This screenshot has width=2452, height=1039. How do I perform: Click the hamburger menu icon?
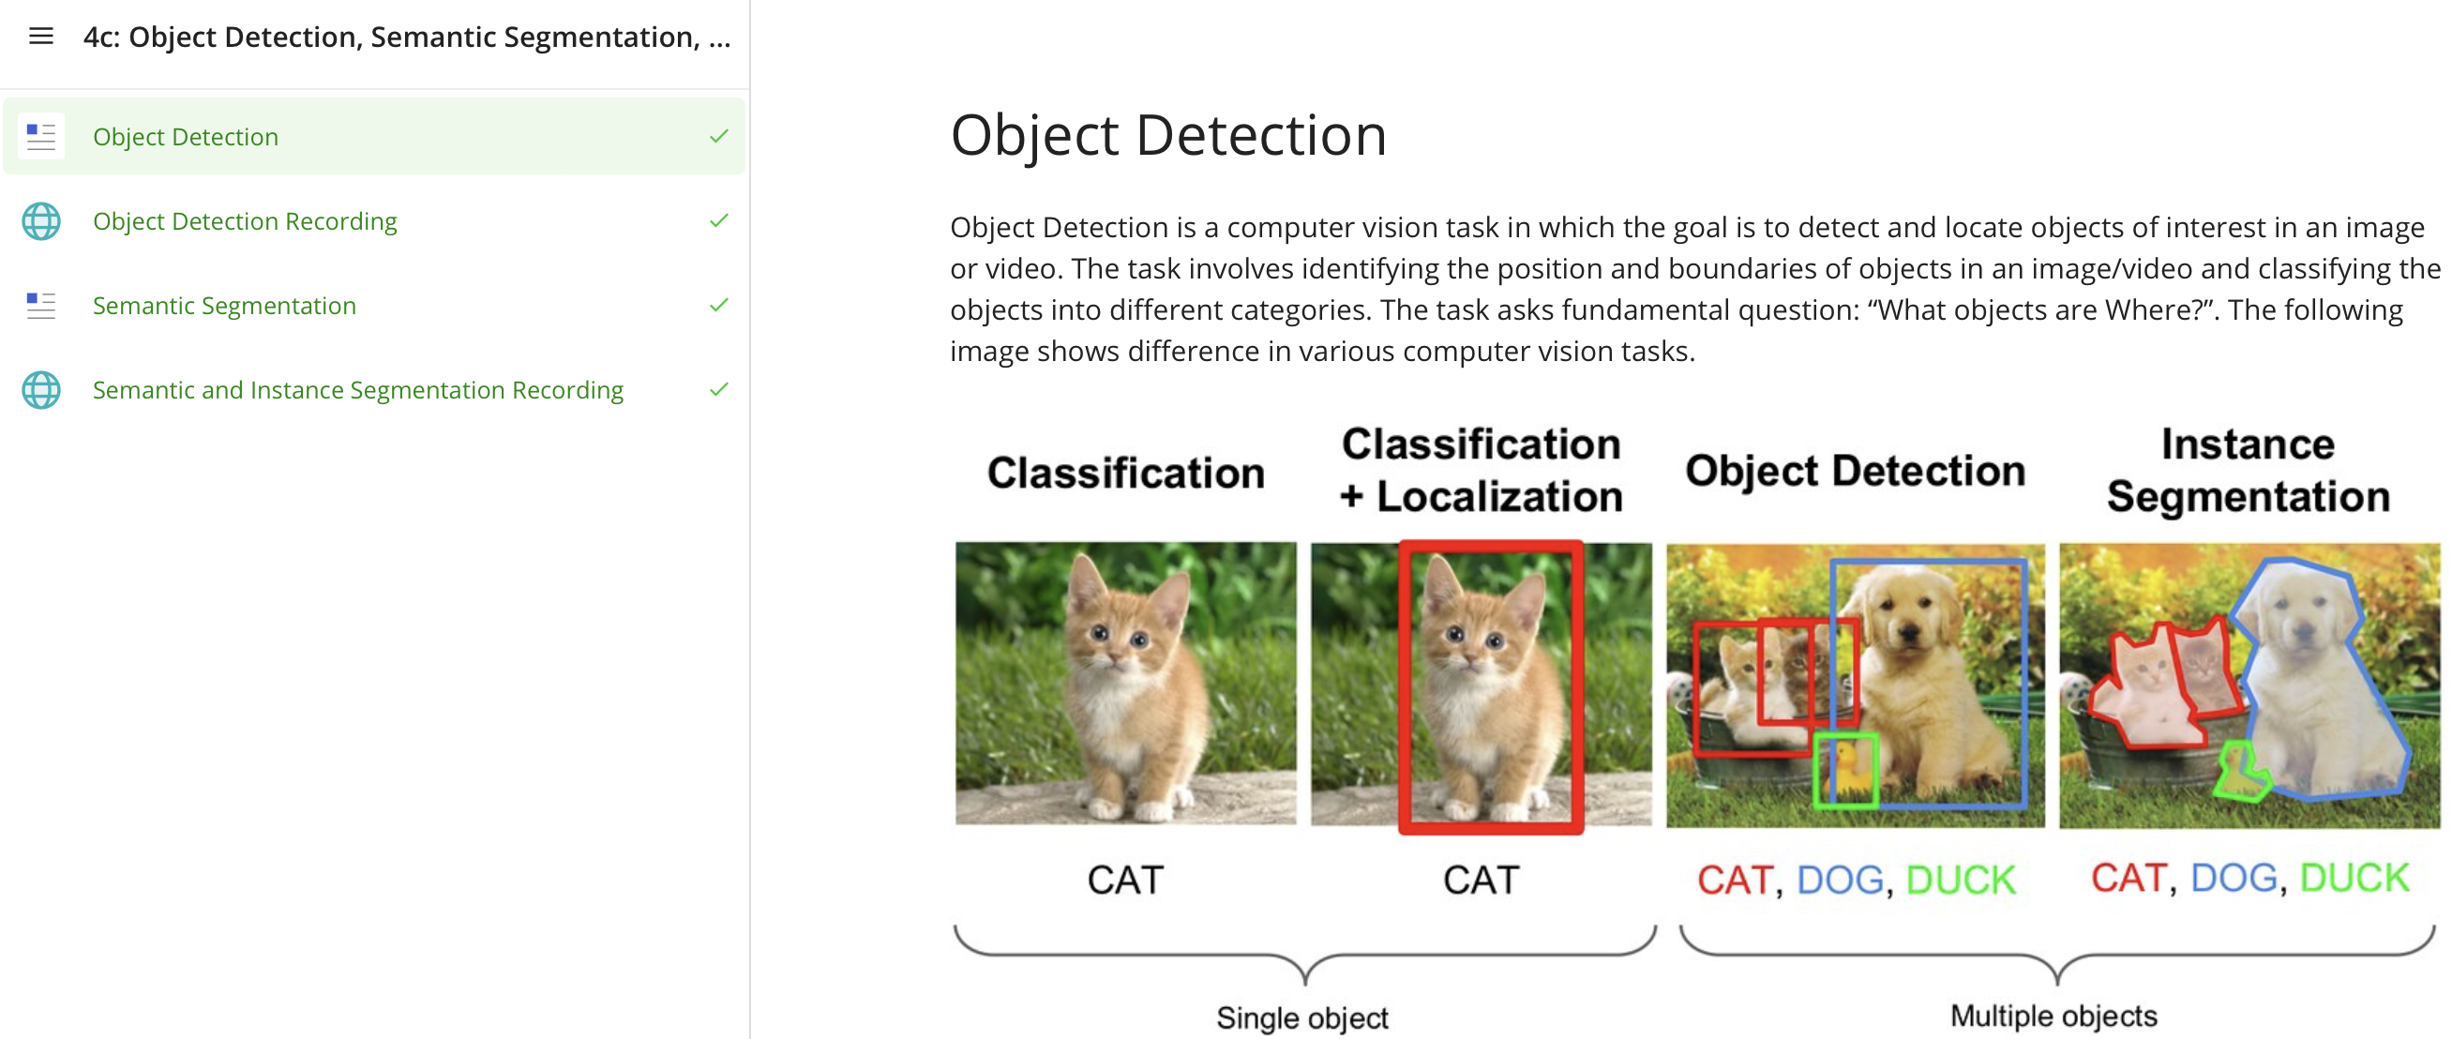[x=41, y=37]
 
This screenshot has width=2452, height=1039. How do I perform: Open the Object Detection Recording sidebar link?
[x=245, y=221]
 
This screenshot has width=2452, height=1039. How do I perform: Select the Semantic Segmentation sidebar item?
[x=225, y=306]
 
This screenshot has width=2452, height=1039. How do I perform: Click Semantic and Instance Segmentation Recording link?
[x=358, y=389]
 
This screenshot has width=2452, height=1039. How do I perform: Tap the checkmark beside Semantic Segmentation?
[x=718, y=305]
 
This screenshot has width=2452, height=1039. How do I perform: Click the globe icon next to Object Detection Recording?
[x=41, y=221]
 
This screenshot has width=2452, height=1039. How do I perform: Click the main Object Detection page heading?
[x=1168, y=134]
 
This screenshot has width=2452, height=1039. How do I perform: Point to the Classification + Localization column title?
[x=1482, y=470]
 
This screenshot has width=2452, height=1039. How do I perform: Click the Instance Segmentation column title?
[x=2249, y=470]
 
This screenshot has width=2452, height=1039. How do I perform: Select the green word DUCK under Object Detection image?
[x=1961, y=880]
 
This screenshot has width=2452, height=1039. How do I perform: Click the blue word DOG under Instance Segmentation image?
[x=2234, y=878]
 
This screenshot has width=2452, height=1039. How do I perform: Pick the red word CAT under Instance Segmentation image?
[x=2129, y=878]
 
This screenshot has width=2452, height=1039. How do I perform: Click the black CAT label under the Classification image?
[x=1126, y=880]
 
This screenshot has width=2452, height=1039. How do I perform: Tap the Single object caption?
[x=1302, y=1018]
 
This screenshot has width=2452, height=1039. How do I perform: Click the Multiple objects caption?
[x=2054, y=1016]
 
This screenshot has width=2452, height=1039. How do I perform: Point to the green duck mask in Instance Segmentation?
[x=2240, y=774]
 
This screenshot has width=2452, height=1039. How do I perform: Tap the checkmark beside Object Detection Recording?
[x=718, y=220]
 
